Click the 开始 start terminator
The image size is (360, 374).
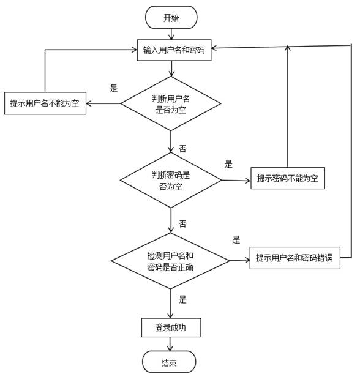click(x=171, y=17)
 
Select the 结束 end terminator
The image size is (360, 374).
click(x=170, y=362)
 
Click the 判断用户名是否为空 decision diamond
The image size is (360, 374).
click(x=171, y=103)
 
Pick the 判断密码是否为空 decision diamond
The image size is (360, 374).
click(x=171, y=180)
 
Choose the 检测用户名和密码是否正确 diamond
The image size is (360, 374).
click(x=170, y=261)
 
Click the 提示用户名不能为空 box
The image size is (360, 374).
click(x=45, y=103)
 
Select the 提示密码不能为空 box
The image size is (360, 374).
click(x=287, y=179)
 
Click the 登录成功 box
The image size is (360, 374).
click(x=171, y=327)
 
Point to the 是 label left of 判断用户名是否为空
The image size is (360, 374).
click(x=113, y=88)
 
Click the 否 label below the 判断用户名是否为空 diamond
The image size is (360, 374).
click(x=182, y=149)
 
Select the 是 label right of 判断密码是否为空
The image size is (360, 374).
click(x=229, y=164)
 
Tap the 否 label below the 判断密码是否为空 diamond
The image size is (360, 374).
click(x=182, y=223)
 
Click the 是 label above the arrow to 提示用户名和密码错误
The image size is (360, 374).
click(x=236, y=239)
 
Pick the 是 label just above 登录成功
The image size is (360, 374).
click(x=182, y=300)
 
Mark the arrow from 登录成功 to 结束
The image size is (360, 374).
click(x=170, y=344)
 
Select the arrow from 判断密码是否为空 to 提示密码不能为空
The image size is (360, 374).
click(x=236, y=180)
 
